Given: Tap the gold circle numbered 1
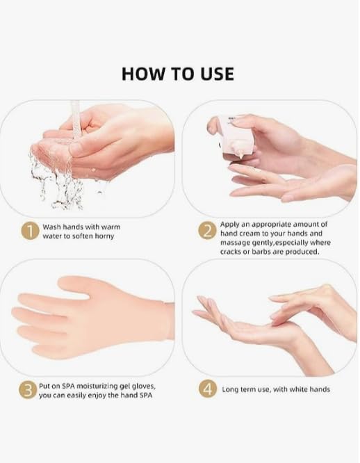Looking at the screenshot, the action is [30, 231].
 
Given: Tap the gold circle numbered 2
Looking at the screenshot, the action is [207, 230].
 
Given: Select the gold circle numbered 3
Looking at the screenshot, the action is [28, 390].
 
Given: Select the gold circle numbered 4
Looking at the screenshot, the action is [207, 389].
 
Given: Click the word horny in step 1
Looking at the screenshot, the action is [104, 236].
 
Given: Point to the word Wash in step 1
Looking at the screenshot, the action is [52, 227].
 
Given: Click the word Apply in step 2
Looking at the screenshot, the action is [229, 225].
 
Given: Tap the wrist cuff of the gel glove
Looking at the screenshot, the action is [169, 321].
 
